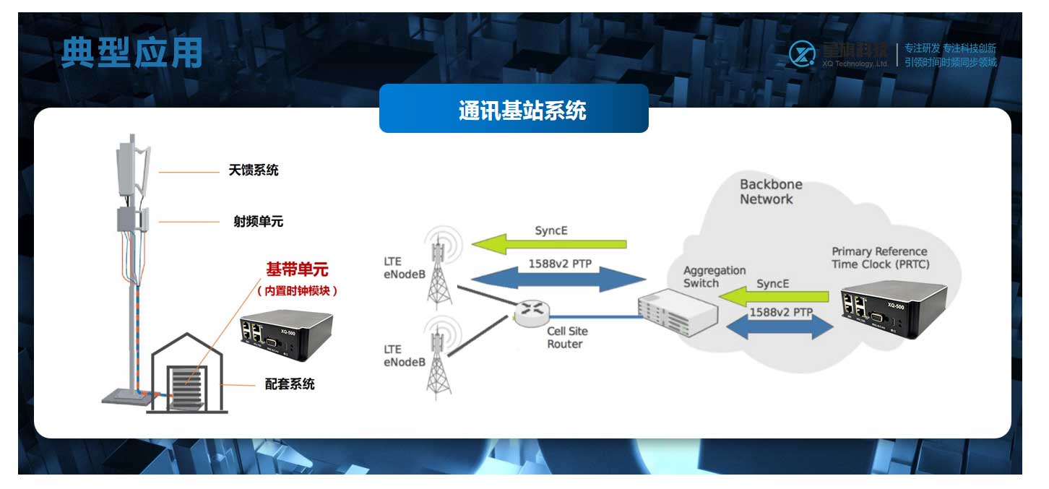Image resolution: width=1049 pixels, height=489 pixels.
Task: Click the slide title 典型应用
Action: (131, 53)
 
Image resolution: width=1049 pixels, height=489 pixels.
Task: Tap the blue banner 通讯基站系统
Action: (514, 110)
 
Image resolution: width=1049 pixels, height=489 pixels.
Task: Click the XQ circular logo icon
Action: (801, 54)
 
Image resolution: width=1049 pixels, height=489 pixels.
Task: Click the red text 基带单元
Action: (297, 270)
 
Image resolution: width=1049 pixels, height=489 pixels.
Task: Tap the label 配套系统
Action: (290, 384)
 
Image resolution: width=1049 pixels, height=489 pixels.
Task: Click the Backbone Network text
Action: (770, 192)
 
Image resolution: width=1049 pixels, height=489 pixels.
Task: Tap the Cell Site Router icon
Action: (532, 311)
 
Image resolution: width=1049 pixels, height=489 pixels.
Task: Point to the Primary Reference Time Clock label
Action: (880, 258)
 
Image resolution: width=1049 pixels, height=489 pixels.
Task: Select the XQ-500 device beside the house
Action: (286, 337)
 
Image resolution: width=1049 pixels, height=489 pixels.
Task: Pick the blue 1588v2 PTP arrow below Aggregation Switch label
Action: (780, 324)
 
